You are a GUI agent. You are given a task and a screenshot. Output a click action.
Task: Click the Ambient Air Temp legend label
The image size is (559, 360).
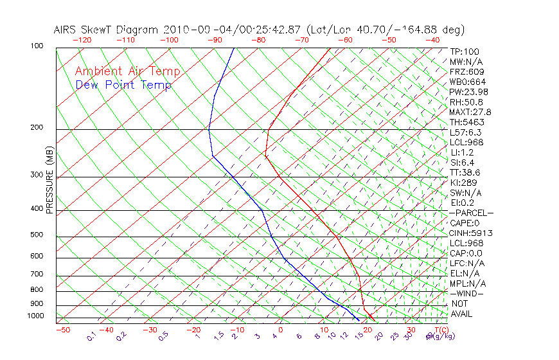[128, 72]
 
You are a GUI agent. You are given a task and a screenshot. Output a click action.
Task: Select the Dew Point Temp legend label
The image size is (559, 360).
[123, 85]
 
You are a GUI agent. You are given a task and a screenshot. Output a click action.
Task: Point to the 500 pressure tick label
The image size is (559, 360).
[37, 235]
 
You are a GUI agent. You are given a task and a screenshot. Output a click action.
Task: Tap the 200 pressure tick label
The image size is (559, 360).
[37, 127]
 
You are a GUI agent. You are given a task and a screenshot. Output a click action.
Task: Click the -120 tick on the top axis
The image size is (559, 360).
[82, 40]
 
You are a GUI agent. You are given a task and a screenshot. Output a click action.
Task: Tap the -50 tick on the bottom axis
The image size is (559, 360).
[62, 330]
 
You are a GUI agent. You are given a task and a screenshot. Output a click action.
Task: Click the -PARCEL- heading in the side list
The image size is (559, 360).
[471, 213]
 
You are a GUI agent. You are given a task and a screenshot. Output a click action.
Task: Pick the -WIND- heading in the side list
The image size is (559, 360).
[466, 293]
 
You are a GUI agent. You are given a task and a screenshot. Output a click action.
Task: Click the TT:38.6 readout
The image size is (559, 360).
[466, 172]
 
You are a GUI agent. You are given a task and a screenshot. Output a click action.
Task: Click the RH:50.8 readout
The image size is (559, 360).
[466, 102]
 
